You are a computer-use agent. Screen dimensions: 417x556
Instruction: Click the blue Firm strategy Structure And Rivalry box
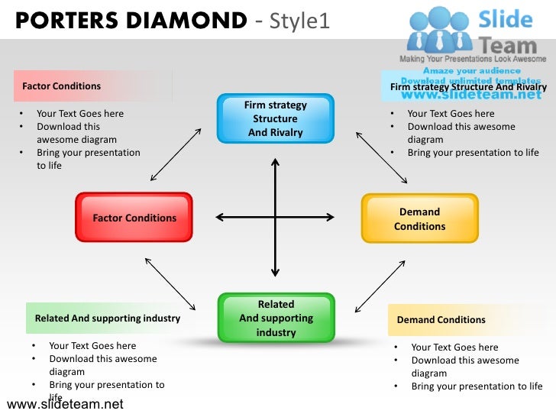click(275, 118)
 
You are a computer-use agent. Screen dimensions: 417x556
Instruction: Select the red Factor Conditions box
click(134, 218)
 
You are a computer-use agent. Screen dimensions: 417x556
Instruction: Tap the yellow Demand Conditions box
click(419, 218)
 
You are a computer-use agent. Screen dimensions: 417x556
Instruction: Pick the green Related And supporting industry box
click(276, 318)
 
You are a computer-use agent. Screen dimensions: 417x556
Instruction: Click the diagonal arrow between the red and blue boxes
click(176, 154)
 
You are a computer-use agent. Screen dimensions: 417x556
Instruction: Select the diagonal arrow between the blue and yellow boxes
click(381, 157)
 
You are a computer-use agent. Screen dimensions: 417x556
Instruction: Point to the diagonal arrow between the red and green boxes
click(170, 283)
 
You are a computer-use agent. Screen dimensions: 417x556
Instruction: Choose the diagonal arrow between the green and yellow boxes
click(380, 284)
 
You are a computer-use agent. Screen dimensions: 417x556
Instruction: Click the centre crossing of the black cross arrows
click(275, 218)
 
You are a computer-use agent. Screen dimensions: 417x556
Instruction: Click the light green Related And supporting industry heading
click(107, 318)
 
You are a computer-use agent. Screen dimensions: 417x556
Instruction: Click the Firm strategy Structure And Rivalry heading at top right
click(468, 87)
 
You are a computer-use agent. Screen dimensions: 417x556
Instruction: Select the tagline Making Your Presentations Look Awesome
click(474, 59)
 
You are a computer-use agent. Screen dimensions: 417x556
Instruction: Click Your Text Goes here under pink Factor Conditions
click(79, 114)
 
